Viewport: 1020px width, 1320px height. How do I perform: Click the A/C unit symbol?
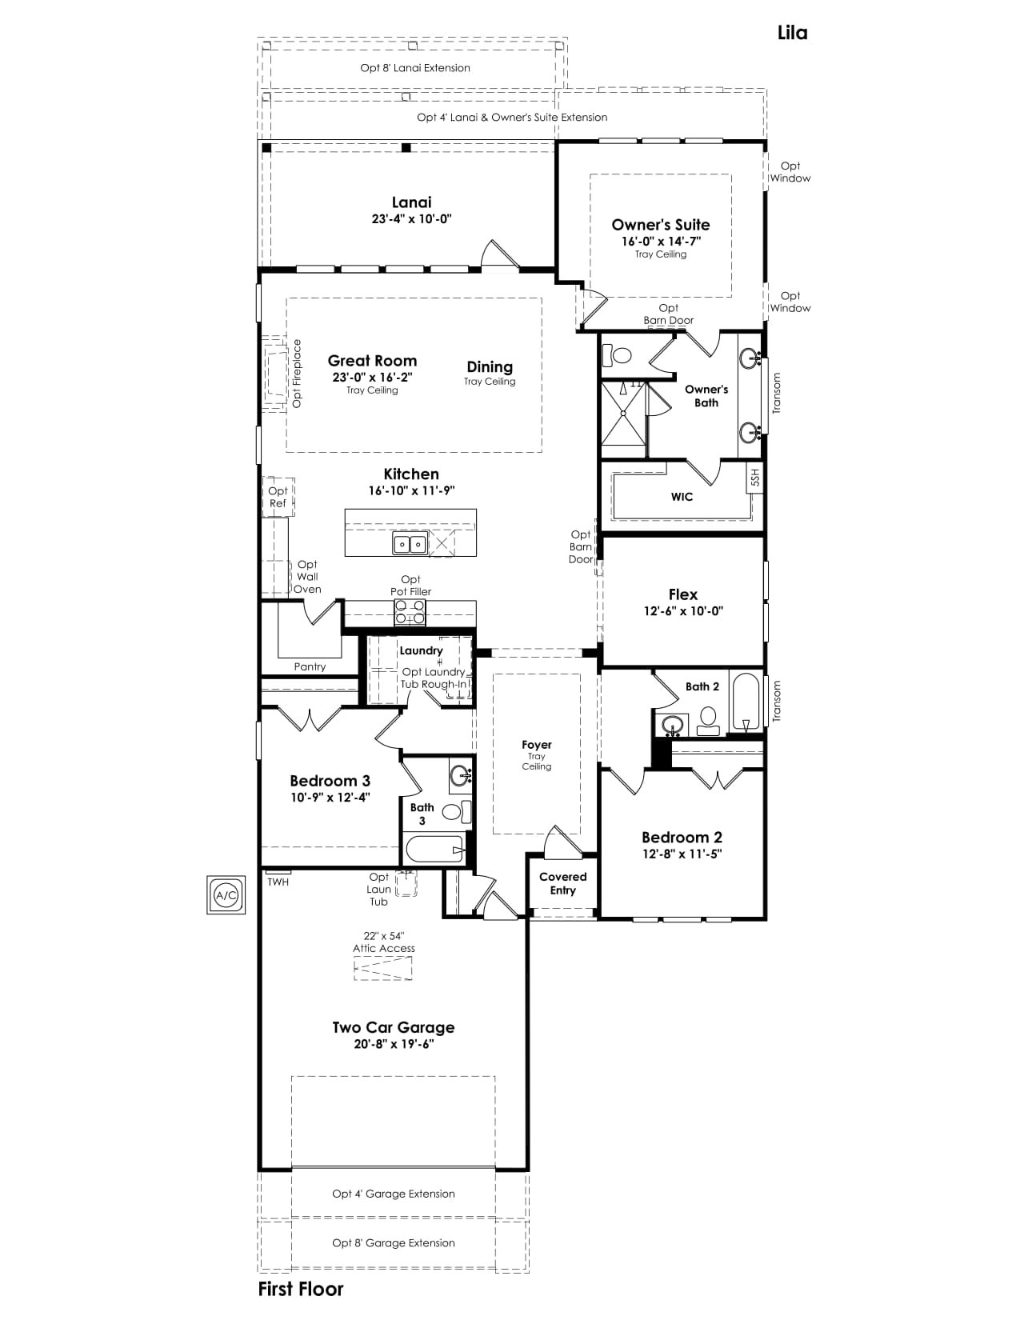point(226,894)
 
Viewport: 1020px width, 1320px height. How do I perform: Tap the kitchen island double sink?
point(410,544)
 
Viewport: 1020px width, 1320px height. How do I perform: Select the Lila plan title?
point(792,33)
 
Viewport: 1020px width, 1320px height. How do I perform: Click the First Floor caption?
point(301,1289)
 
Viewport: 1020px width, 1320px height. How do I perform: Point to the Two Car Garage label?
point(393,1027)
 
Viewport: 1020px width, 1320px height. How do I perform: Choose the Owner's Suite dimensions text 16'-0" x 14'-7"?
point(661,241)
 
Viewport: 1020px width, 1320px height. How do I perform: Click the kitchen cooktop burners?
point(410,612)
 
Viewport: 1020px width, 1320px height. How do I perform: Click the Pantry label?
point(310,666)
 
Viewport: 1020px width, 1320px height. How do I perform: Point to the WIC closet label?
point(682,497)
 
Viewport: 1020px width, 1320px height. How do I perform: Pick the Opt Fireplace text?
point(297,374)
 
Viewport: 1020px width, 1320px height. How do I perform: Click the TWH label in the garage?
point(278,882)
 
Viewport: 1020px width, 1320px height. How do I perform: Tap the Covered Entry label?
point(563,883)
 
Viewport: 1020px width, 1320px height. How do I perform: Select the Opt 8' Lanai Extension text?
point(415,68)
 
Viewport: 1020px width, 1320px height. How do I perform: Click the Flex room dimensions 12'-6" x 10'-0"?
point(683,611)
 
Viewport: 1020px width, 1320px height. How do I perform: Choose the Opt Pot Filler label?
point(410,586)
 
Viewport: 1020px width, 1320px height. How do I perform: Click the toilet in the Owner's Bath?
point(617,354)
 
